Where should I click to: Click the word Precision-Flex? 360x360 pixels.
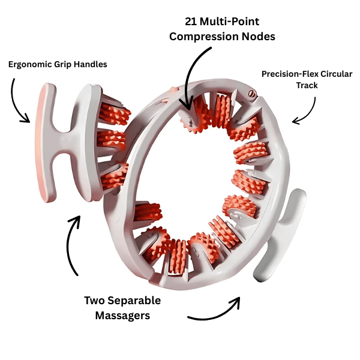coord(286,74)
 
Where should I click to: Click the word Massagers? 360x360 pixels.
coord(121,315)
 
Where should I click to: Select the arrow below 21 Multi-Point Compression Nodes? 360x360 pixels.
coord(195,78)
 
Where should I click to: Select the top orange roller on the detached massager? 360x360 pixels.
coord(115,112)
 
